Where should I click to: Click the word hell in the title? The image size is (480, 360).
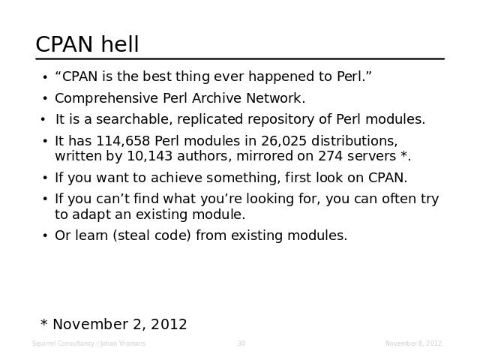120,44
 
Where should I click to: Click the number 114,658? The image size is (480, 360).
123,141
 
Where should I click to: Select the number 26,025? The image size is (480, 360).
283,141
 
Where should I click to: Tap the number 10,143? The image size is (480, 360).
150,156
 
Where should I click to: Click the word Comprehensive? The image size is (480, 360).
106,98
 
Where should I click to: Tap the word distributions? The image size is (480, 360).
355,141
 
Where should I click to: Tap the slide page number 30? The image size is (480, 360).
241,343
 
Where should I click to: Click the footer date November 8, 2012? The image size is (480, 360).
413,343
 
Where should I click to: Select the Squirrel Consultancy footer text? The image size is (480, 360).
88,343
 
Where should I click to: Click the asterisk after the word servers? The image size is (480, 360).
403,154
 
